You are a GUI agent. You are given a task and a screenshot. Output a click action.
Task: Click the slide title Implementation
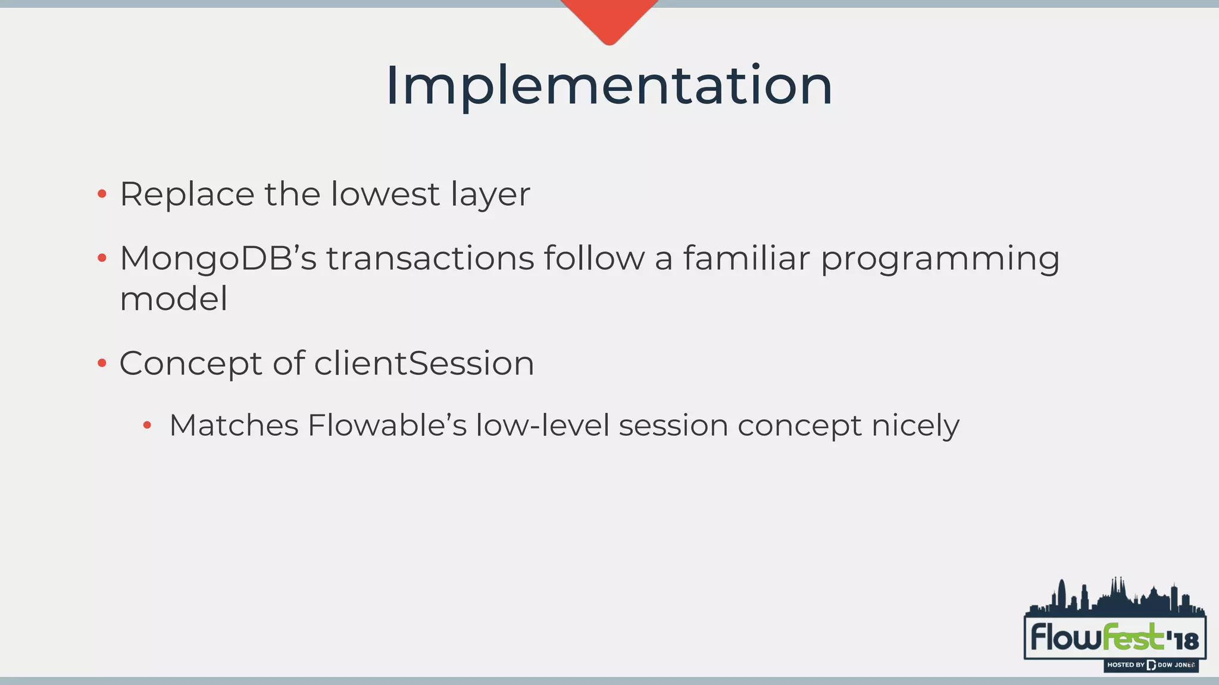[x=609, y=87]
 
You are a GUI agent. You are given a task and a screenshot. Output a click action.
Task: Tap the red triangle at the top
[x=609, y=18]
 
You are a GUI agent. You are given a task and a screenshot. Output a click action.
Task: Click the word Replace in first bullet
[x=187, y=194]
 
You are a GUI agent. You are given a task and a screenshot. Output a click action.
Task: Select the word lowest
[x=385, y=194]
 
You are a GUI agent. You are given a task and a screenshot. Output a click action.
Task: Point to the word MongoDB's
[x=218, y=259]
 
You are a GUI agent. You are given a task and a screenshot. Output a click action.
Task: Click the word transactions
[x=430, y=259]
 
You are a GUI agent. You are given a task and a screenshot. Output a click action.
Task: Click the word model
[x=173, y=298]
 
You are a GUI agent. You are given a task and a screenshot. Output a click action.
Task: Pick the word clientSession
[x=424, y=363]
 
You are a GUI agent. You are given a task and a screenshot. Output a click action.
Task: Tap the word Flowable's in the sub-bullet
[x=387, y=426]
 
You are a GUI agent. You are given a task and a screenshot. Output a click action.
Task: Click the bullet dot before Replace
[x=102, y=194]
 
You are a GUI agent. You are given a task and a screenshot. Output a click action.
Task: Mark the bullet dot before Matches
[x=147, y=425]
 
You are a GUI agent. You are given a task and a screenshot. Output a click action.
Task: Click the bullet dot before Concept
[x=102, y=363]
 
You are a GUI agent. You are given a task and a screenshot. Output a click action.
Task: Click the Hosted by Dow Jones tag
[x=1151, y=665]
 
